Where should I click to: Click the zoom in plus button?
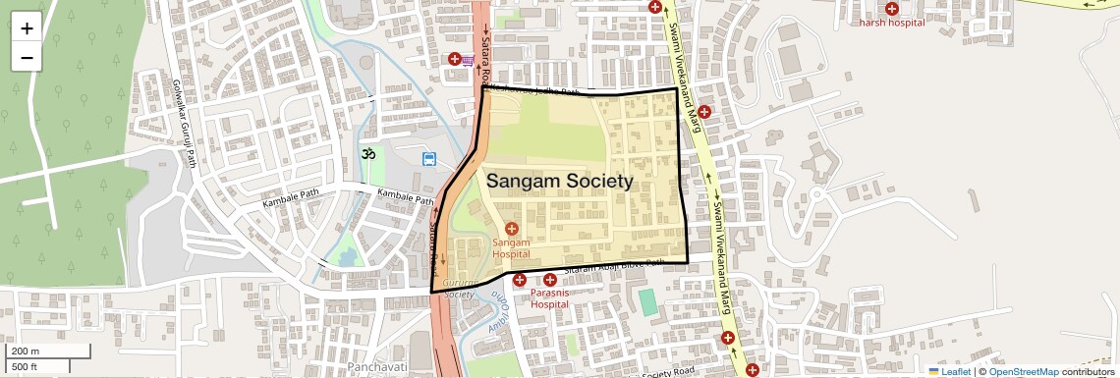tap(27, 28)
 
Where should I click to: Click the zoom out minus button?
tap(27, 57)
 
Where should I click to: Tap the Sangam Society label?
tap(559, 182)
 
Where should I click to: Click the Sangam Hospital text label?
tap(511, 247)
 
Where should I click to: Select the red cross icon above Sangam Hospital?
tap(511, 229)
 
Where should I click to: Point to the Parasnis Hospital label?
tap(549, 298)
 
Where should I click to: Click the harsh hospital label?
tap(892, 23)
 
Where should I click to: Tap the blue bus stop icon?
tap(429, 159)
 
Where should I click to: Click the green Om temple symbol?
tap(369, 154)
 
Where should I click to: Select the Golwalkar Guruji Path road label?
tap(184, 123)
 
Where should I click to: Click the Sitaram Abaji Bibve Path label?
tap(614, 266)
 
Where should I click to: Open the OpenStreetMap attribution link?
tap(1023, 371)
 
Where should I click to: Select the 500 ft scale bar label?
tap(26, 366)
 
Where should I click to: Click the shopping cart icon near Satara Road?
tap(469, 61)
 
